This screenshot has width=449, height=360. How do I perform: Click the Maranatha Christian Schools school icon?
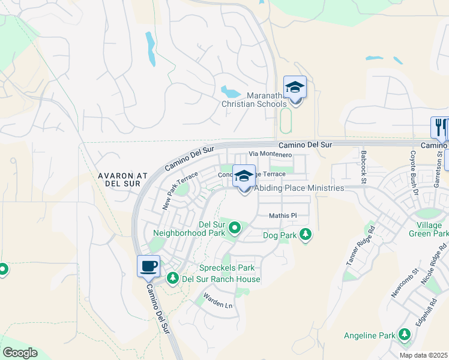coord(295,88)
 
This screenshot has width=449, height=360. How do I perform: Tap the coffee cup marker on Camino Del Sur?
coord(148,266)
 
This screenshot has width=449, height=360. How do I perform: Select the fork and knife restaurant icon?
coord(439,128)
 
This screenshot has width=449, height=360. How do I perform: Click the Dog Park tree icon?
coord(306,235)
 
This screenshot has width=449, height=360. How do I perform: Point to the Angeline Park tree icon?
coord(404,335)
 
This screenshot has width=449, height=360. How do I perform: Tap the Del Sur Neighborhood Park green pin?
coord(235,227)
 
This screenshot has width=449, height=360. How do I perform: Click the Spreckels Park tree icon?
coord(173,278)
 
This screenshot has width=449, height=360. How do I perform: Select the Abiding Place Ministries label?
coord(300,188)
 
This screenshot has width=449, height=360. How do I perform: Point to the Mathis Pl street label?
coord(283,215)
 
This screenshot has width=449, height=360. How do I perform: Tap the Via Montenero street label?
coord(271,155)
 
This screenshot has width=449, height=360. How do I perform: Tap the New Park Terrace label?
coord(179,190)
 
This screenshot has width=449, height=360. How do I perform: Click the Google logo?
coord(19,353)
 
